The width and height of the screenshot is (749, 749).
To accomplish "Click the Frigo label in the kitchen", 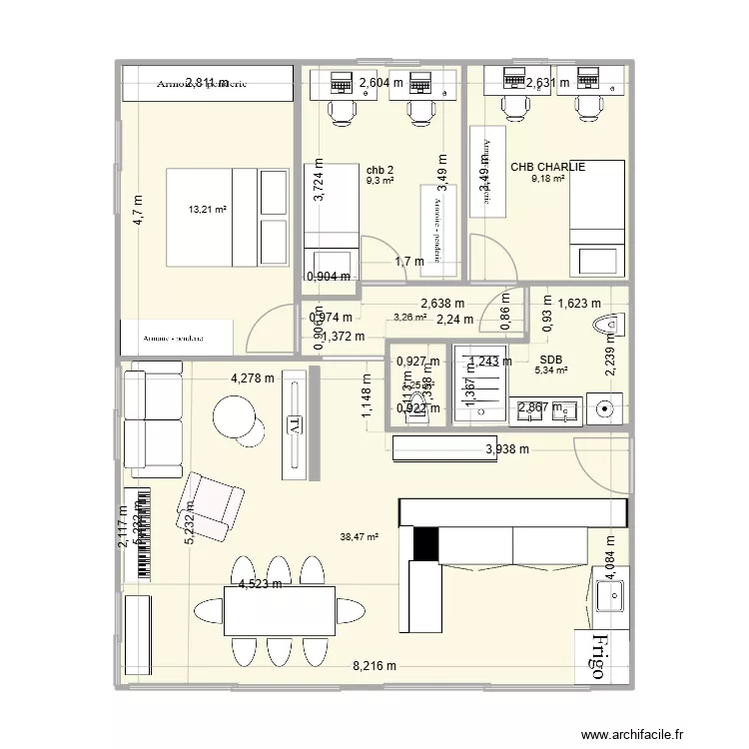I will coord(599,656).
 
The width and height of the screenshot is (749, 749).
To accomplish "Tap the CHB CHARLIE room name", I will coord(547,167).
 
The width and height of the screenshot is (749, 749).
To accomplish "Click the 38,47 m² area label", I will coord(360,537).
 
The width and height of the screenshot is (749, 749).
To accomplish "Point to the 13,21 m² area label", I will coord(208,210).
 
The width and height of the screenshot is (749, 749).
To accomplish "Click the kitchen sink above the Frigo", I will coord(609,596).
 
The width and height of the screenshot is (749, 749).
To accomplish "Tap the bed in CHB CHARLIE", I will coord(597,217).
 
